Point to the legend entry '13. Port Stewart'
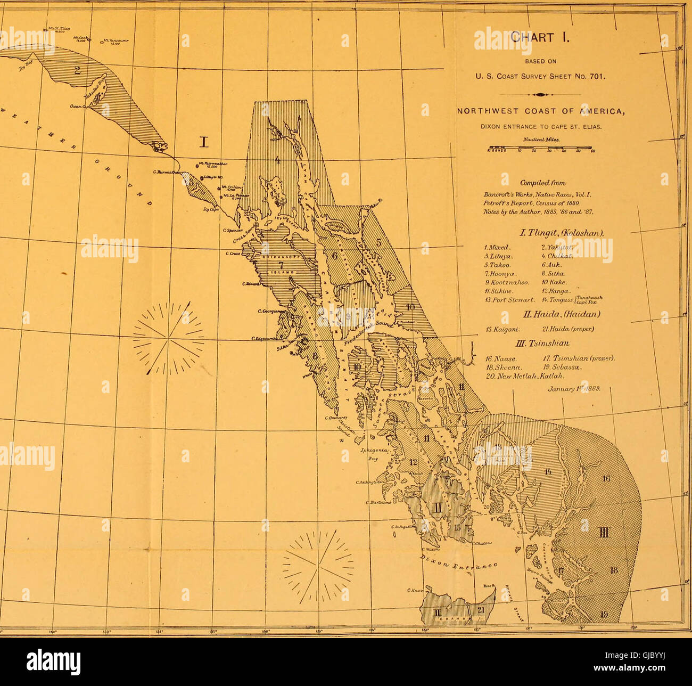[510, 299]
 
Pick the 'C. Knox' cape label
[414, 590]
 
